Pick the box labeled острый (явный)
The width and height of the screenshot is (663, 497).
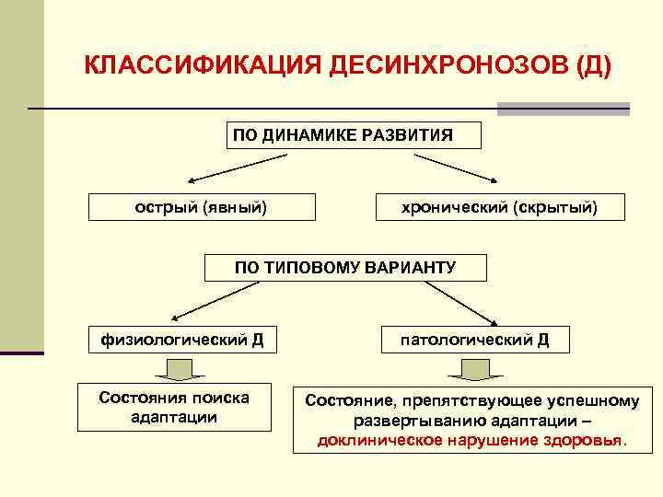(202, 207)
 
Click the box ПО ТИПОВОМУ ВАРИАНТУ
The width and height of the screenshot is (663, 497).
(345, 267)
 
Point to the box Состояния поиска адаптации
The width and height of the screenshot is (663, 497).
(175, 407)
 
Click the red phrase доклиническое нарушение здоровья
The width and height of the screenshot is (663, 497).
(471, 439)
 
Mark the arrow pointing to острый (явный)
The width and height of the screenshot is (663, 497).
(235, 168)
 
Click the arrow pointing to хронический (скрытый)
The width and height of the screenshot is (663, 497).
(459, 168)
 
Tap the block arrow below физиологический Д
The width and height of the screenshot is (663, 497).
(180, 369)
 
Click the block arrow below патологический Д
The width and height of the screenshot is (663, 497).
(475, 369)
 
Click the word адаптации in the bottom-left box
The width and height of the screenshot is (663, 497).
(175, 417)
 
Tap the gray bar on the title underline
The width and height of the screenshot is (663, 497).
(563, 109)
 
